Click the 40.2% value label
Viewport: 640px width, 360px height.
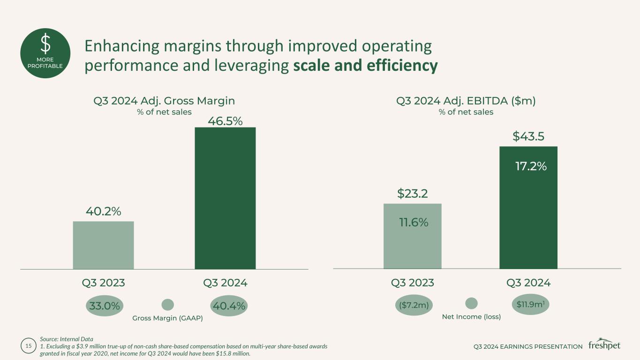pos(103,211)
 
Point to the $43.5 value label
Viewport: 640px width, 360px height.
pos(528,136)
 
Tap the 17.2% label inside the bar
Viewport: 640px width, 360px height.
pos(531,166)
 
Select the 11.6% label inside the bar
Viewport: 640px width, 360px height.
pos(414,223)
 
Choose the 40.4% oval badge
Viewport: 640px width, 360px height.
pos(229,306)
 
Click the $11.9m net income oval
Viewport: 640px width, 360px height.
pos(530,304)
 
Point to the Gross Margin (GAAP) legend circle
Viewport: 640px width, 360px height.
pos(167,305)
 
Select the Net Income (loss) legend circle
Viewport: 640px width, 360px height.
pos(471,303)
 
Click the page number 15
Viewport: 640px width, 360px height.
pos(28,346)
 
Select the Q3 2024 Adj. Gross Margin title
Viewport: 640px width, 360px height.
pos(164,100)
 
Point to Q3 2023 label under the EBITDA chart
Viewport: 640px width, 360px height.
pos(412,283)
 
